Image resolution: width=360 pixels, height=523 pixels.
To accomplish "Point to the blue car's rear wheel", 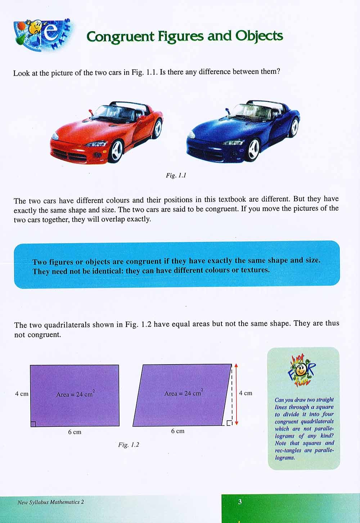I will click(x=294, y=126).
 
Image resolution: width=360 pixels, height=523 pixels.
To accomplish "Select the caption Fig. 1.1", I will click(x=176, y=175).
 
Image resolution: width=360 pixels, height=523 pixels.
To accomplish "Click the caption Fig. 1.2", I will click(x=129, y=445).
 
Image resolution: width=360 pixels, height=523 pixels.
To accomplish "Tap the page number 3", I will click(x=240, y=502).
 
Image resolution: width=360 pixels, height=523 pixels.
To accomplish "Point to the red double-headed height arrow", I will click(x=236, y=394).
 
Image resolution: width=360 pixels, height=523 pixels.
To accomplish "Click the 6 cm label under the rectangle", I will click(x=75, y=432).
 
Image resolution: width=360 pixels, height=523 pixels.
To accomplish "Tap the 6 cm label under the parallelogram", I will click(x=177, y=431).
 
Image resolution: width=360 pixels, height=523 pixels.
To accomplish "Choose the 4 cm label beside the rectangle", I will click(x=22, y=394).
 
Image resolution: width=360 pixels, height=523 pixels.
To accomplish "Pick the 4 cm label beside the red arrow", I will click(x=246, y=393).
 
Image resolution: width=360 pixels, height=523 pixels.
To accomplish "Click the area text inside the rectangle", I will click(x=75, y=394).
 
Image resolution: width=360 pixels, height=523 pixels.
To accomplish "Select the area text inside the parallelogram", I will click(x=184, y=393).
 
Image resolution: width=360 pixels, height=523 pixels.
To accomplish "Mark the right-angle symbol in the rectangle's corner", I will click(x=33, y=424).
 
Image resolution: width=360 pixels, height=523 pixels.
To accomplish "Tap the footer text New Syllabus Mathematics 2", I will click(x=50, y=502).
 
